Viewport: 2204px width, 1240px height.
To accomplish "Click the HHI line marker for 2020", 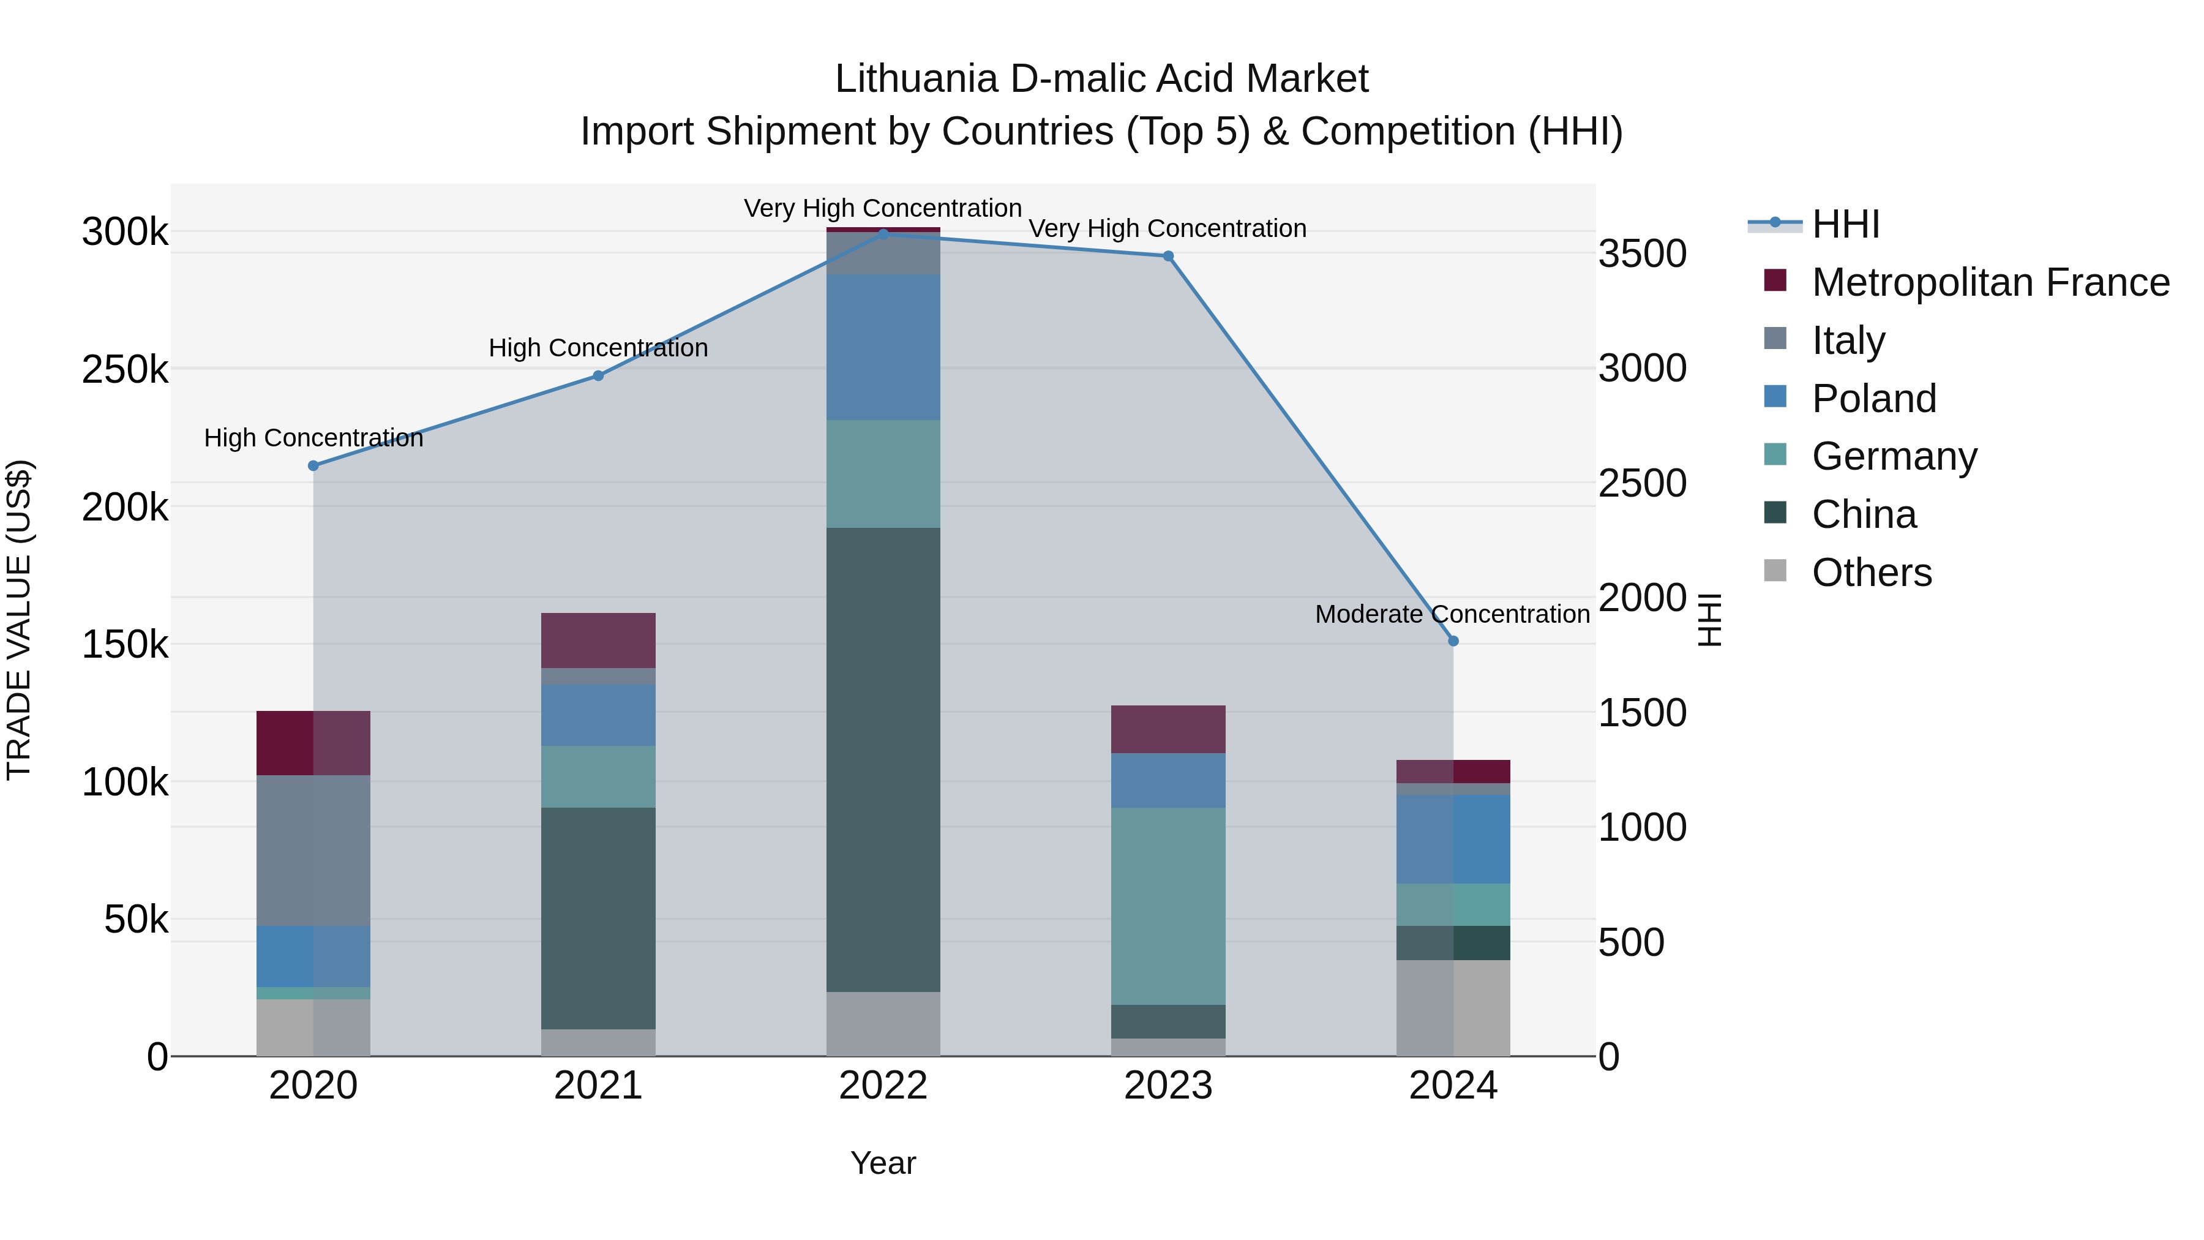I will click(313, 465).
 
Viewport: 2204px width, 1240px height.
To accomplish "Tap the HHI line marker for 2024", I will click(1453, 641).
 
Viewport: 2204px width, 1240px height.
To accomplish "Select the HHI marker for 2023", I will click(1168, 256).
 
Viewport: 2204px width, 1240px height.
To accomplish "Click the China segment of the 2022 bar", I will click(883, 759).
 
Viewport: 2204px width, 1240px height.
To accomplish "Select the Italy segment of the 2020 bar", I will click(313, 850).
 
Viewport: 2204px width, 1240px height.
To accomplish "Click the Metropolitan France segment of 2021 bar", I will click(598, 640).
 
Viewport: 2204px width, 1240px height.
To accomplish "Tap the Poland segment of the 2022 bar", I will click(883, 347).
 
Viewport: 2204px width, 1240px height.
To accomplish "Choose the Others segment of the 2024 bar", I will click(1453, 1007).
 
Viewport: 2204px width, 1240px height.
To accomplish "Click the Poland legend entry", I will click(1874, 399).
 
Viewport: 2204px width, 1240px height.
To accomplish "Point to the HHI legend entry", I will click(1845, 224).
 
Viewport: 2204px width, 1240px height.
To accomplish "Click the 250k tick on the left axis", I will click(125, 370).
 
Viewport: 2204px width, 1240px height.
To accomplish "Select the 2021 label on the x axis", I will click(598, 1086).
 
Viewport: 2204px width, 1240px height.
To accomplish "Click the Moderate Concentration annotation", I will click(1452, 614).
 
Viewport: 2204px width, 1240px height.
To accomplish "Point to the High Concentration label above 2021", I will click(598, 348).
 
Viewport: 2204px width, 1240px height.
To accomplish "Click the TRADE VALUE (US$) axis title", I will click(19, 620).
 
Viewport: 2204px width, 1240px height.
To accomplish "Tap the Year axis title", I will click(883, 1163).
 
